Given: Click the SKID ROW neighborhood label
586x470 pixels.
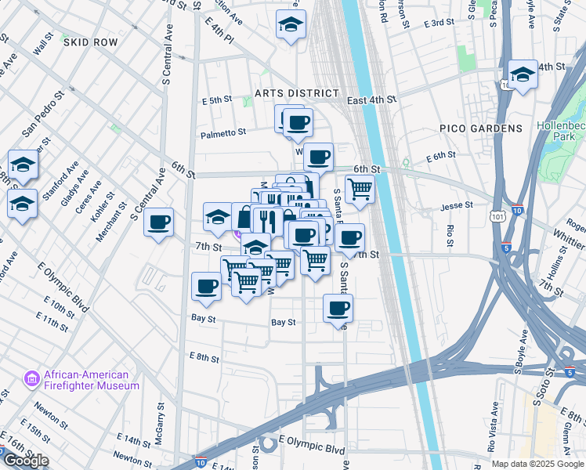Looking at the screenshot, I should click(x=91, y=42).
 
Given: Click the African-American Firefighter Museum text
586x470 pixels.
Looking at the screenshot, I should click(x=81, y=380).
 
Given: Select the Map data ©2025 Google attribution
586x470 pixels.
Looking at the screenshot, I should click(x=537, y=464).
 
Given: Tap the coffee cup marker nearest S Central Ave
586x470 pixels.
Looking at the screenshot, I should click(x=159, y=222).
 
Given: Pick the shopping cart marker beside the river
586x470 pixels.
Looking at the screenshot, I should click(x=360, y=188).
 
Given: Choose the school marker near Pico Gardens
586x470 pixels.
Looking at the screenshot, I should click(x=523, y=75).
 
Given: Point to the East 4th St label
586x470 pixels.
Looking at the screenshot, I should click(x=371, y=100).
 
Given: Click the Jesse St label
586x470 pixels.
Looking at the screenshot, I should click(x=457, y=205).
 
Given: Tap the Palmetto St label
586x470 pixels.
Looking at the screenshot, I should click(x=223, y=133).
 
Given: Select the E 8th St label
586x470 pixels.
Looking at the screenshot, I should click(x=204, y=356).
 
